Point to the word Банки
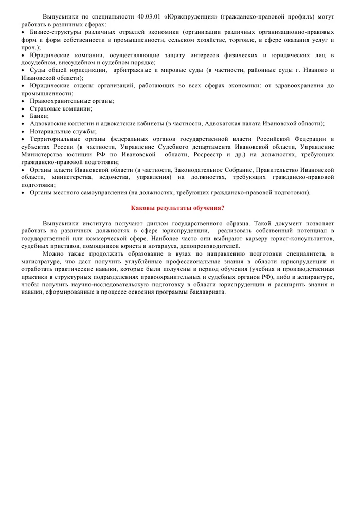(39, 116)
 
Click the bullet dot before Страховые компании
(23, 108)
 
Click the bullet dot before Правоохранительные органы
(23, 101)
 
